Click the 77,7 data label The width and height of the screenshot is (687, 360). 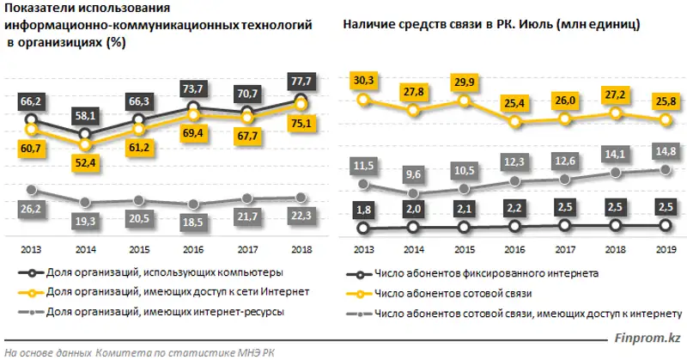pos(302,79)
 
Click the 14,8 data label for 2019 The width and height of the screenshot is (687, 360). pos(665,152)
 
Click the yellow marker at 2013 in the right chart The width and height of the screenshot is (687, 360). pos(365,100)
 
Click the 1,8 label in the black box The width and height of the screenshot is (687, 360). pos(365,210)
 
